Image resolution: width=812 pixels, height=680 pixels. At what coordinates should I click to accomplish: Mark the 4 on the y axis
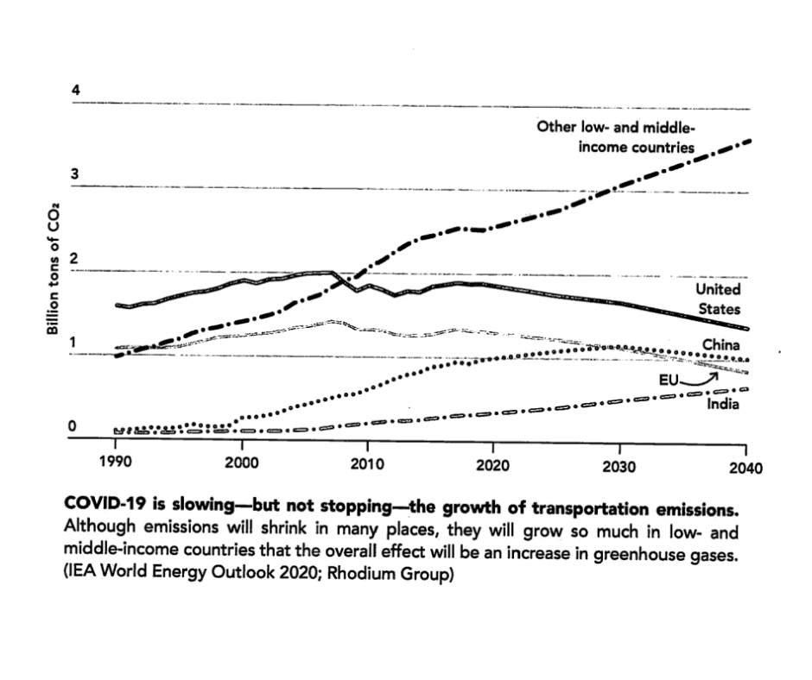[x=75, y=91]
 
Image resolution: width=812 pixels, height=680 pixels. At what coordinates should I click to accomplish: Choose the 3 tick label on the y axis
[x=75, y=175]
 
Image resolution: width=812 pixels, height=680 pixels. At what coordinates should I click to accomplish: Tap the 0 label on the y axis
[x=75, y=426]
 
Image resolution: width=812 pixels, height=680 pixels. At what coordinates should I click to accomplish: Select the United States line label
[x=718, y=299]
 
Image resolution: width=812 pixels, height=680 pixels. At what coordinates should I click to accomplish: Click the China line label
[x=720, y=345]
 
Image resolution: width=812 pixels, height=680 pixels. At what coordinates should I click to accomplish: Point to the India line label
[x=723, y=402]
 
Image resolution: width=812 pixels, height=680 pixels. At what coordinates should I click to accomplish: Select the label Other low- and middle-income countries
[x=615, y=137]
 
